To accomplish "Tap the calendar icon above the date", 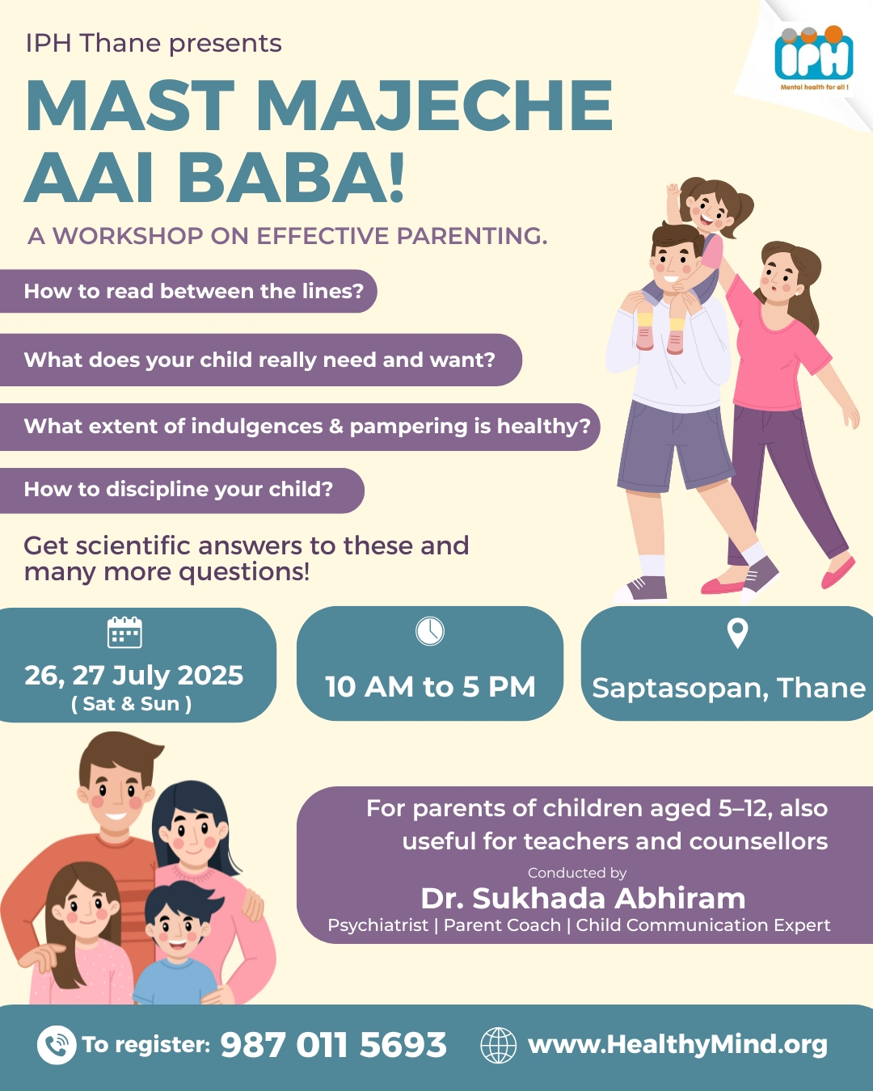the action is [x=124, y=632].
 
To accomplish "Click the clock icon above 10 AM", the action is [x=430, y=631].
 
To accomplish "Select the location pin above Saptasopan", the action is [x=737, y=633].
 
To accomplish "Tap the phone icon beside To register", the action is [x=57, y=1044].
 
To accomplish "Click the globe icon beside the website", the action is [x=498, y=1045].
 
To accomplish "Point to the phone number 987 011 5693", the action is [x=333, y=1045].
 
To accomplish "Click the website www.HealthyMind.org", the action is [x=677, y=1045].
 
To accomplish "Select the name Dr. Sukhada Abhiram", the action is [x=583, y=898].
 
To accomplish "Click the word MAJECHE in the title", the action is [x=435, y=107].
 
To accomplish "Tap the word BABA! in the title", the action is [x=291, y=178].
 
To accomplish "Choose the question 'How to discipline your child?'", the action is [x=178, y=490].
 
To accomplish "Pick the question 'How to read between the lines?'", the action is [x=194, y=291].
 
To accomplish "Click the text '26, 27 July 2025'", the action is [x=134, y=676].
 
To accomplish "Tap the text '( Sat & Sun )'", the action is [x=132, y=704].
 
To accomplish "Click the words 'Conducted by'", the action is [x=577, y=873].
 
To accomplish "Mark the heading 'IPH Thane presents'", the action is [x=154, y=44].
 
